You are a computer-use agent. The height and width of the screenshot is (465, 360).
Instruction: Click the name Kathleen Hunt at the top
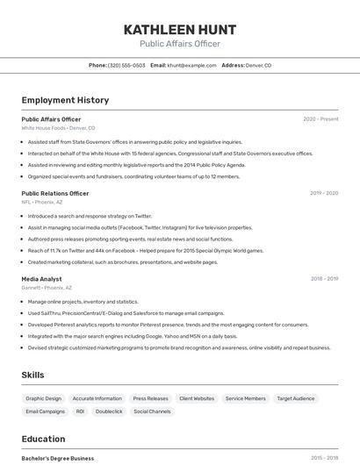click(x=180, y=29)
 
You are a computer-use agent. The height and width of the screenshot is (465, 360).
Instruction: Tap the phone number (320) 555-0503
click(x=126, y=65)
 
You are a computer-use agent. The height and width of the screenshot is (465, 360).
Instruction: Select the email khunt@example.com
click(x=191, y=65)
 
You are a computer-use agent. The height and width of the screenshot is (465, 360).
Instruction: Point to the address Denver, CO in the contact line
click(x=258, y=65)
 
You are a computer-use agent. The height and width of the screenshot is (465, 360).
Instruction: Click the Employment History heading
click(x=65, y=100)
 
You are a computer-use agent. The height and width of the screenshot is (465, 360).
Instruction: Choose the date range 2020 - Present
click(x=320, y=119)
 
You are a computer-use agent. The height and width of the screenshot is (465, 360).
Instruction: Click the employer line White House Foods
click(x=58, y=128)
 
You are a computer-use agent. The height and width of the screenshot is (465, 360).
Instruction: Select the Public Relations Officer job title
click(x=55, y=193)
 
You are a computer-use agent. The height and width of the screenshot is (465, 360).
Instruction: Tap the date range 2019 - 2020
click(x=324, y=193)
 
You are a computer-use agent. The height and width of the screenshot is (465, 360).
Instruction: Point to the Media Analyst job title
click(x=42, y=279)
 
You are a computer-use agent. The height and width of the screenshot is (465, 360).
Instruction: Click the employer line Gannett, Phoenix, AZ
click(x=47, y=288)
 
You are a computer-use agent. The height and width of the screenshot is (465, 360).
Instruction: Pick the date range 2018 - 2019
click(x=324, y=279)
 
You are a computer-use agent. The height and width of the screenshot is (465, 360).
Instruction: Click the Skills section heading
click(x=32, y=375)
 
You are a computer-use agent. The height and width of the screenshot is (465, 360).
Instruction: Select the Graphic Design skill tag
click(x=44, y=398)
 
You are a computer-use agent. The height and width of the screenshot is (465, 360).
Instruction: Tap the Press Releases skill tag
click(x=150, y=398)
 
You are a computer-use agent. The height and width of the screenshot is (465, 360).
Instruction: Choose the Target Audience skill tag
click(x=296, y=398)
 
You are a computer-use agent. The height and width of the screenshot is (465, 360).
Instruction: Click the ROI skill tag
click(x=80, y=411)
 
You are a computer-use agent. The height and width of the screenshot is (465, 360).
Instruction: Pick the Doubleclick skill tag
click(x=109, y=411)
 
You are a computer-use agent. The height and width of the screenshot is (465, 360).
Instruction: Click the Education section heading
click(x=43, y=439)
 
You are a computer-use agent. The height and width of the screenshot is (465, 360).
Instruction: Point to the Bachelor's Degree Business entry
click(x=58, y=458)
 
